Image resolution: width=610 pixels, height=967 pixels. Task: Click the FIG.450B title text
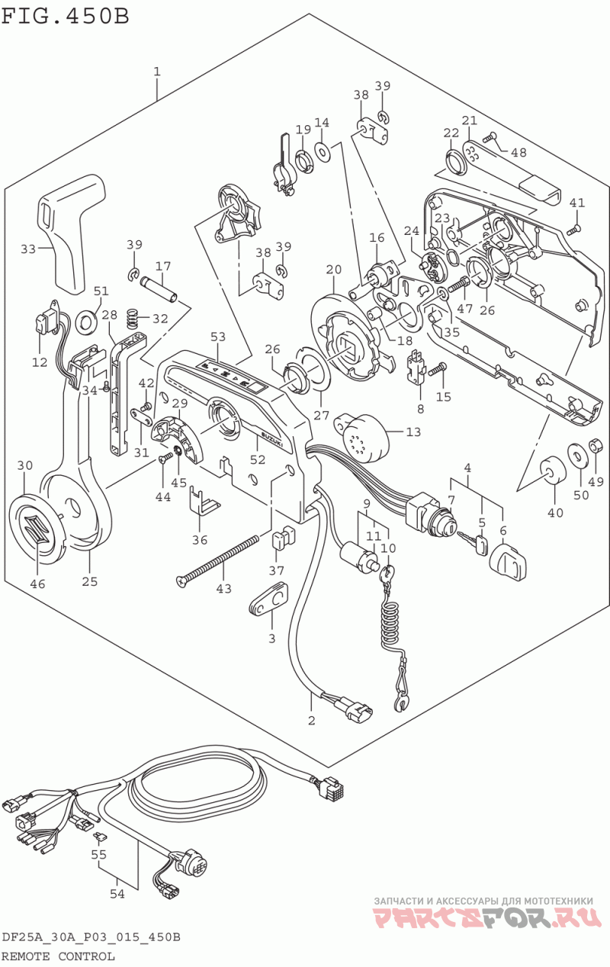click(x=65, y=17)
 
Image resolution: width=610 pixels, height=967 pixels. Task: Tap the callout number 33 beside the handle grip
click(x=28, y=249)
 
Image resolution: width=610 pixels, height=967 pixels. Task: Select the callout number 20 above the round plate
click(x=334, y=270)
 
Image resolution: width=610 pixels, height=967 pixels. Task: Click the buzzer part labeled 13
click(x=364, y=437)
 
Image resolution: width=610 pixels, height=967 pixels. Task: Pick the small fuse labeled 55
click(x=101, y=837)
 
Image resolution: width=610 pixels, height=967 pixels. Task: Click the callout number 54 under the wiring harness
click(x=117, y=894)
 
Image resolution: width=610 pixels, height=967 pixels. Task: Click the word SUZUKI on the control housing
click(x=272, y=439)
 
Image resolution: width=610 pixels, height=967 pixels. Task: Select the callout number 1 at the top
click(x=157, y=72)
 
